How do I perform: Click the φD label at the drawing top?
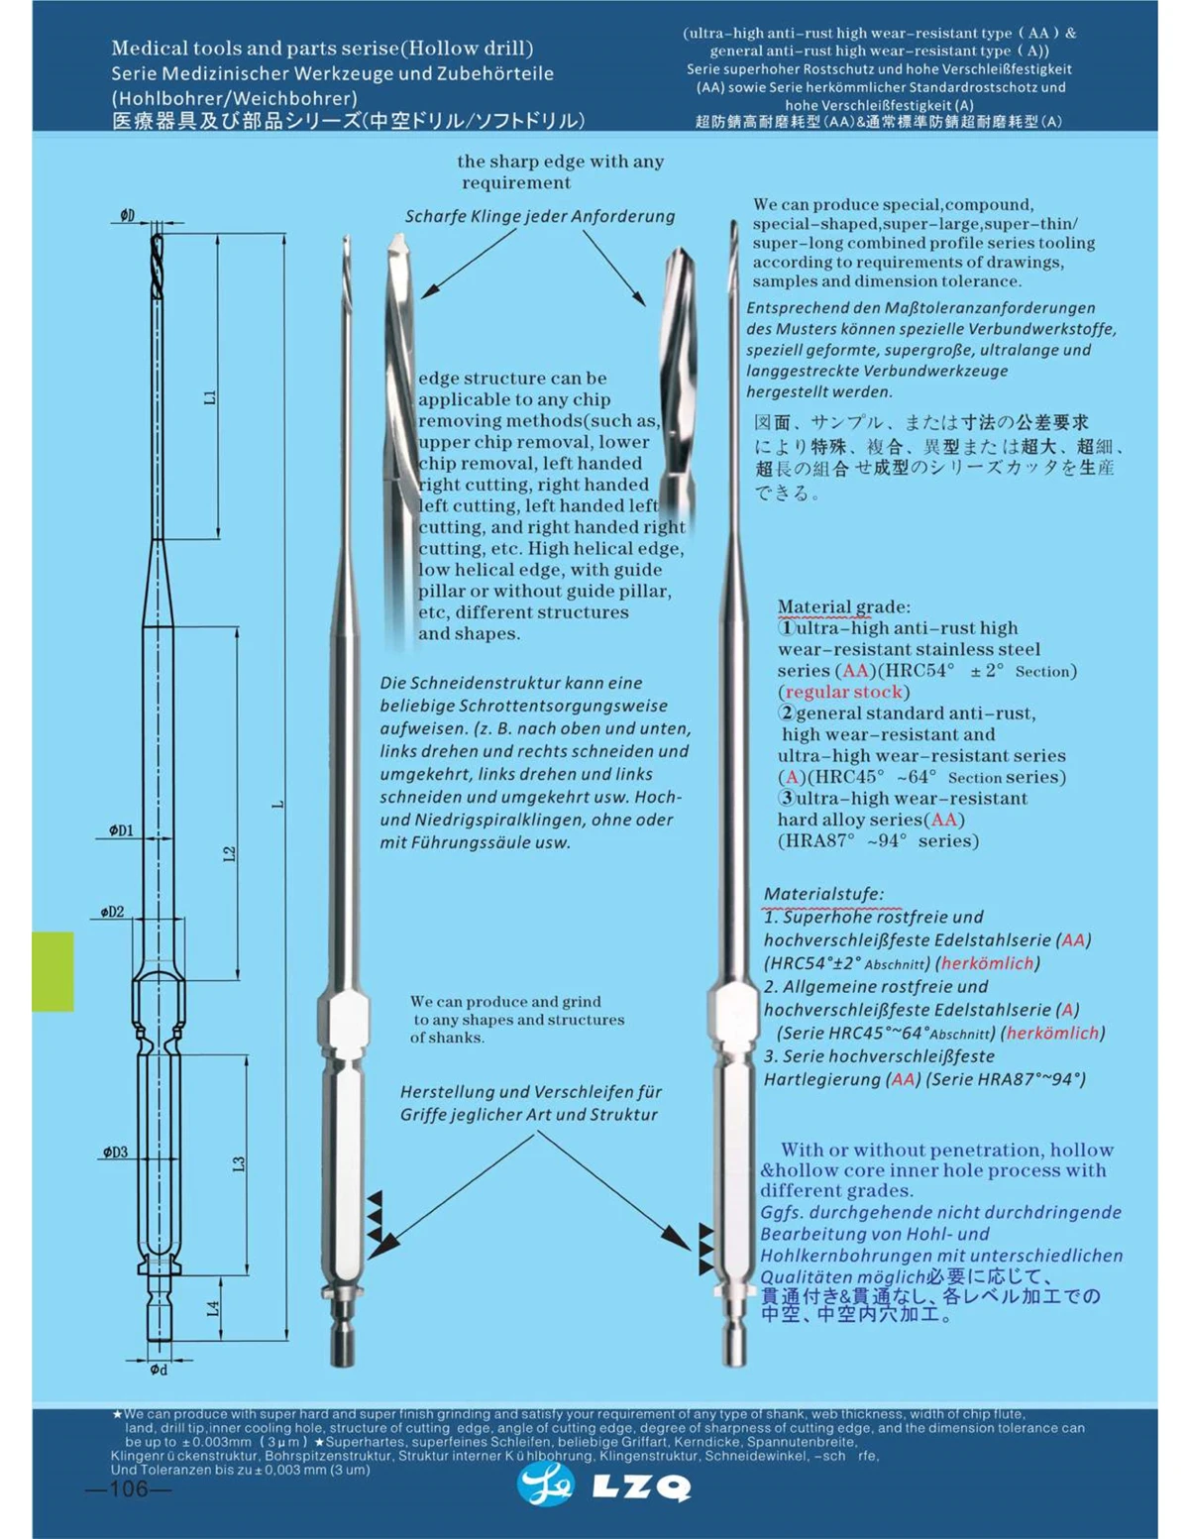128,215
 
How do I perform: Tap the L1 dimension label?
209,396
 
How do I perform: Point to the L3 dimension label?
239,1163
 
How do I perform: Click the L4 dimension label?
213,1308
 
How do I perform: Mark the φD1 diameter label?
121,830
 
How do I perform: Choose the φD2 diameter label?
112,912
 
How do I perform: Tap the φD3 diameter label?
115,1152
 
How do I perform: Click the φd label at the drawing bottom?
159,1370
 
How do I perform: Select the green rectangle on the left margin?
53,971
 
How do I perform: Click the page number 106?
128,1489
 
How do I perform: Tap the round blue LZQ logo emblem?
546,1485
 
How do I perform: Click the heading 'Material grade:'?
843,606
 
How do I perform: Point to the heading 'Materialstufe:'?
823,894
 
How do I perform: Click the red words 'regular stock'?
843,692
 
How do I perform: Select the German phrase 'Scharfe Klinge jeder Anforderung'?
540,216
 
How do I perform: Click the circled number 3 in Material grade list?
787,798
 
